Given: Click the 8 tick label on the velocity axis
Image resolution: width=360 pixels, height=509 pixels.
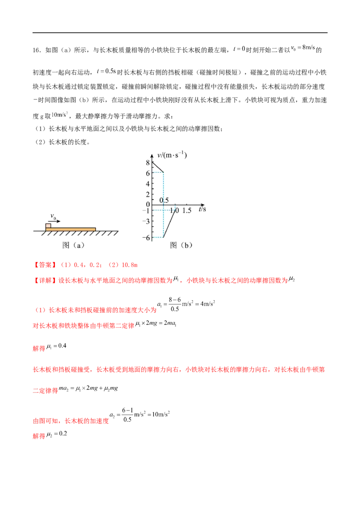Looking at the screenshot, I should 148,162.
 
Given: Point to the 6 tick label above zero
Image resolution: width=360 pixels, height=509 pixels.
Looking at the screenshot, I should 148,173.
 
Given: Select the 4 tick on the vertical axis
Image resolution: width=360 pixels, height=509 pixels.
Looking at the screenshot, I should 148,184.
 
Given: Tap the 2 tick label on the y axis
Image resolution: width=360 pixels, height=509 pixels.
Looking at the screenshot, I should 148,195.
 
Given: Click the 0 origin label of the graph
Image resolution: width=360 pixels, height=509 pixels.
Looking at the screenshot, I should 148,205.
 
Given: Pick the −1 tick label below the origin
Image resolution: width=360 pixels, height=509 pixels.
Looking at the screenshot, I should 148,210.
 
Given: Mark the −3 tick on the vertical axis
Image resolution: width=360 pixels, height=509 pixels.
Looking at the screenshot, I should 148,221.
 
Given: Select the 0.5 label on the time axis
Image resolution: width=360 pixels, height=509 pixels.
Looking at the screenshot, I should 164,200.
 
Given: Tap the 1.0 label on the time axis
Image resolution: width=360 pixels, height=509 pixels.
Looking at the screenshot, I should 175,210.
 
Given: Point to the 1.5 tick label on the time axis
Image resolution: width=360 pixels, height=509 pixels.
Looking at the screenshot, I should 187,210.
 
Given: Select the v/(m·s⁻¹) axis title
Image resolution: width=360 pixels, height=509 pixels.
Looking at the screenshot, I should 171,156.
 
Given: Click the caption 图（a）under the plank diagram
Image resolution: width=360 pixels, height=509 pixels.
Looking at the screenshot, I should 73,246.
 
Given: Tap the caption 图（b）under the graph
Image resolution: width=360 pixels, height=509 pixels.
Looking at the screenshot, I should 181,246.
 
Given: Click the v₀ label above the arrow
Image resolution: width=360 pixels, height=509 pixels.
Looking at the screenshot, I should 54,217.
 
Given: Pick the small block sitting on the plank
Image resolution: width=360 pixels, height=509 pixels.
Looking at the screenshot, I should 49,225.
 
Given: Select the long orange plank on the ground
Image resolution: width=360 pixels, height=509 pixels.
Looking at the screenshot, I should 72,229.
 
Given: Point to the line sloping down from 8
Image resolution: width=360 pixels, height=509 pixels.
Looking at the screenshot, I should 158,167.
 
